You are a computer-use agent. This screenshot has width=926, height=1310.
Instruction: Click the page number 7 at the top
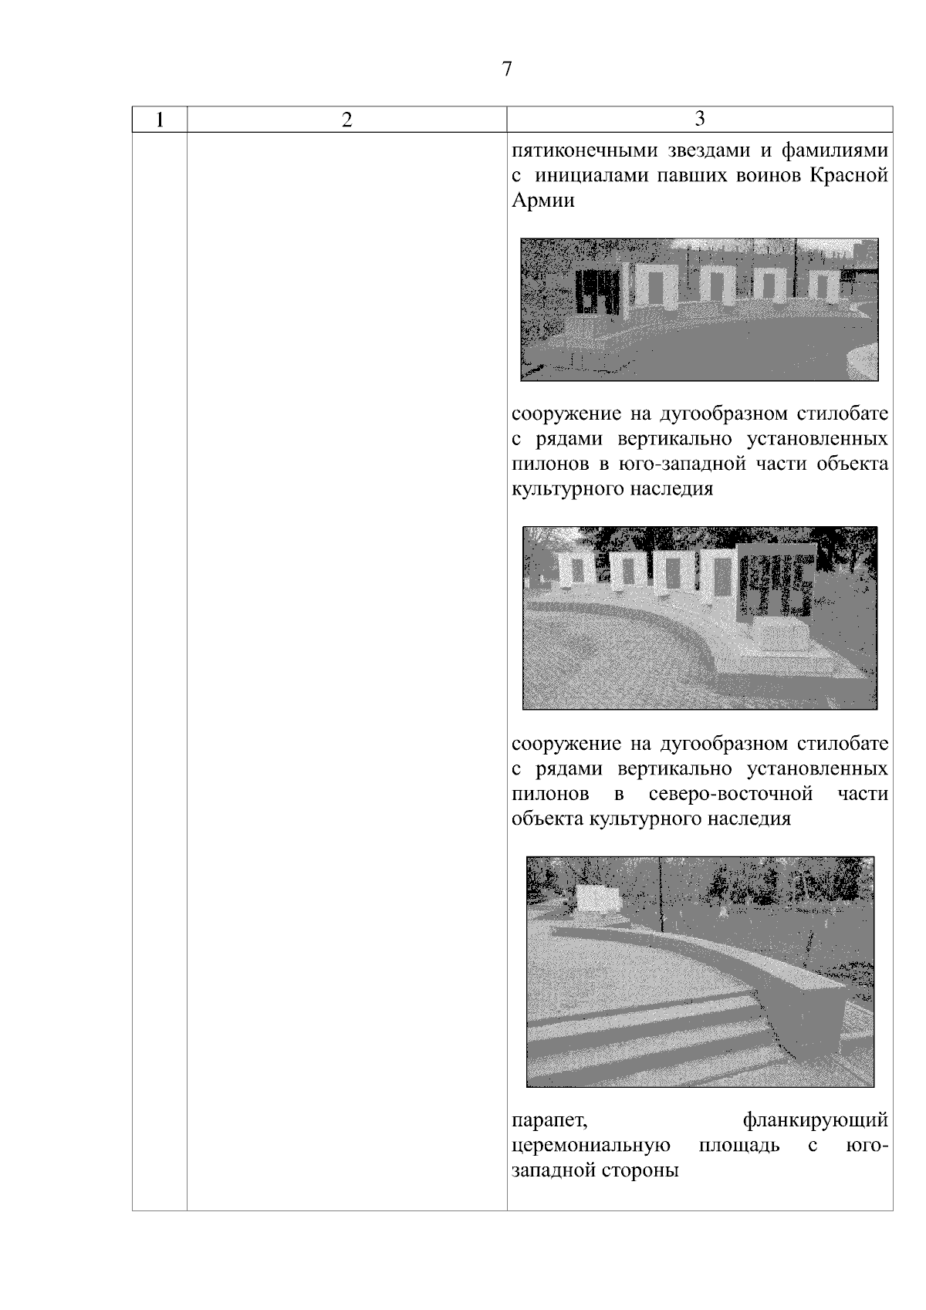506,69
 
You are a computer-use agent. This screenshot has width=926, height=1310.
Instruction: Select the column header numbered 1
160,120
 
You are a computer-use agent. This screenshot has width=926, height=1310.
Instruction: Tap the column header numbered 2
347,120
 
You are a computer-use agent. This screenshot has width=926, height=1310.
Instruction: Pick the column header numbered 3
700,118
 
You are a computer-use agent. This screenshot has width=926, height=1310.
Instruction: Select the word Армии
542,200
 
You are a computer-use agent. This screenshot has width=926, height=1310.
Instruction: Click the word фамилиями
835,151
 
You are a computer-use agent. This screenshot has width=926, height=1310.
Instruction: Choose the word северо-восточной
731,794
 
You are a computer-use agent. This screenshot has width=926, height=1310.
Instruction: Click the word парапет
549,1120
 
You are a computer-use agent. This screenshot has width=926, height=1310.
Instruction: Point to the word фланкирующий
816,1120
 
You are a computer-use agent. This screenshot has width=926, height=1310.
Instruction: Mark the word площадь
739,1144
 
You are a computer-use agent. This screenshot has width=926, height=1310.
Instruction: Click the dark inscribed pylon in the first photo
596,292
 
